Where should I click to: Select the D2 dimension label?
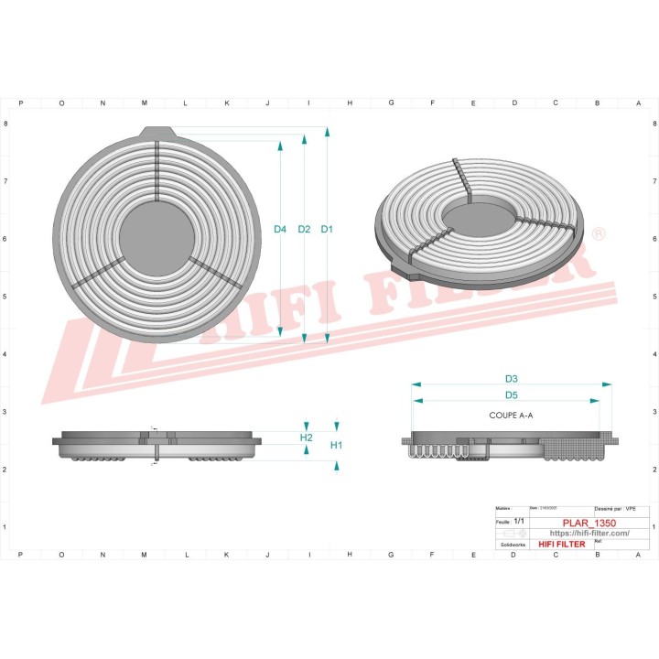[x=304, y=229]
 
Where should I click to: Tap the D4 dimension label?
[x=280, y=229]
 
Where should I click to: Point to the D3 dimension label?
[x=512, y=378]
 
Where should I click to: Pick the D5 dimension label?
[x=512, y=395]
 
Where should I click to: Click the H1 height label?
[x=336, y=445]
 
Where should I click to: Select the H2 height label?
[x=307, y=438]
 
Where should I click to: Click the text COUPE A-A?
[x=512, y=416]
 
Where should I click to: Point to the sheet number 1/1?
[x=520, y=519]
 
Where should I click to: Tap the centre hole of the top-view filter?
[x=157, y=235]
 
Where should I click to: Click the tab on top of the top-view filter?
[x=157, y=132]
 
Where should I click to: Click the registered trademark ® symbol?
[x=598, y=234]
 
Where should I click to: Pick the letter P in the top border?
[x=20, y=103]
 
